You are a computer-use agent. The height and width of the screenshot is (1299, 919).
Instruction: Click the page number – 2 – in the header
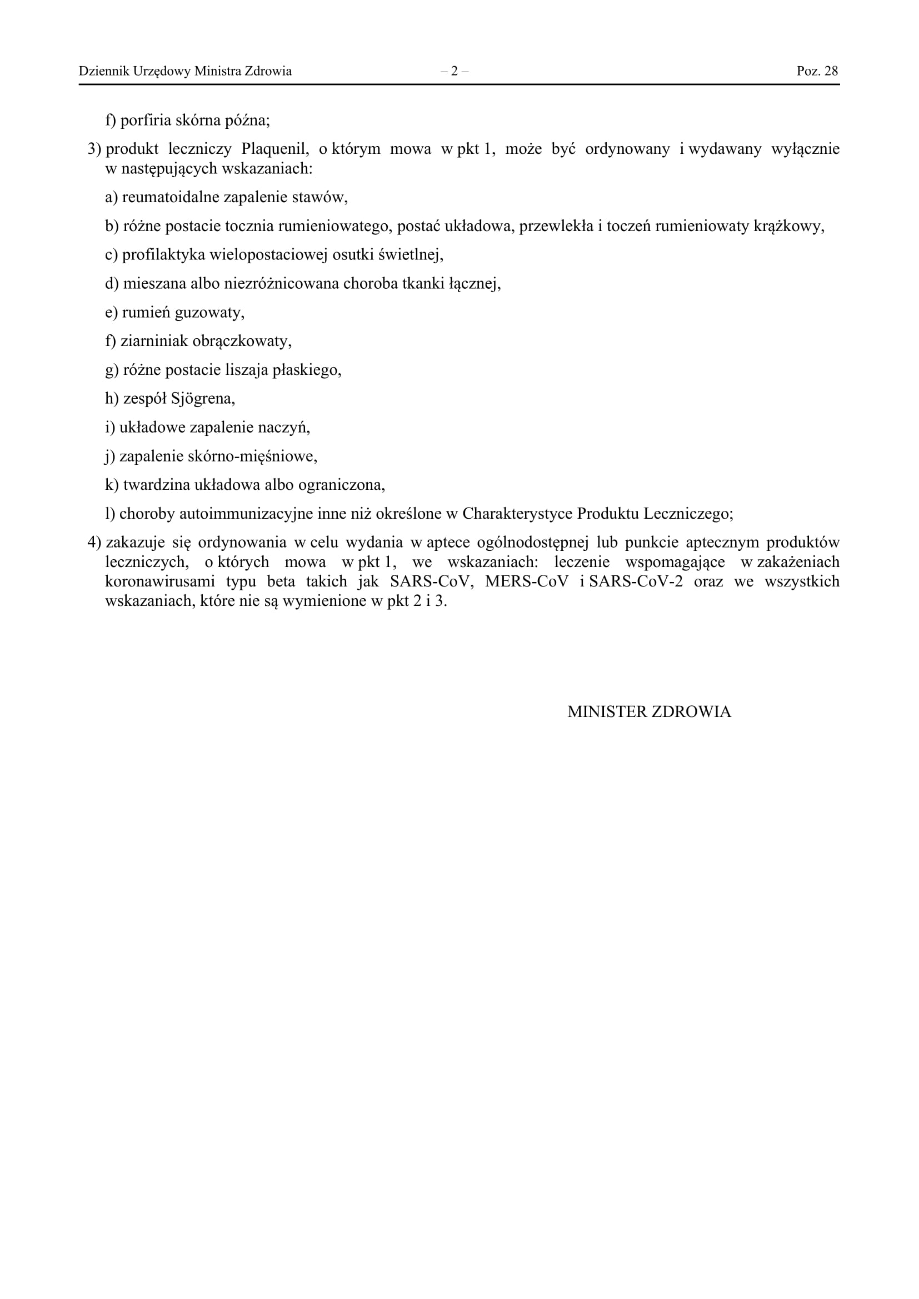click(x=454, y=71)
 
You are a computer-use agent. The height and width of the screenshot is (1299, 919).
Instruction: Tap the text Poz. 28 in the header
click(x=817, y=71)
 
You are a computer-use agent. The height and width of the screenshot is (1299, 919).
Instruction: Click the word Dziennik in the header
click(x=99, y=71)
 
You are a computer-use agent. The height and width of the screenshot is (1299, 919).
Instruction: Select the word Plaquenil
click(x=275, y=149)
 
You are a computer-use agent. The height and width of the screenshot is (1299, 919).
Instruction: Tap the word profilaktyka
click(x=163, y=255)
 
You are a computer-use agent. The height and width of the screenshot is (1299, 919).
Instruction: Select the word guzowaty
click(x=209, y=312)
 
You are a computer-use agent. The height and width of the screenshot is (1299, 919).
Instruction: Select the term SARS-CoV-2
click(x=636, y=581)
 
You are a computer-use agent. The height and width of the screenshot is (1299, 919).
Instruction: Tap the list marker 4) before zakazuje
click(x=94, y=543)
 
